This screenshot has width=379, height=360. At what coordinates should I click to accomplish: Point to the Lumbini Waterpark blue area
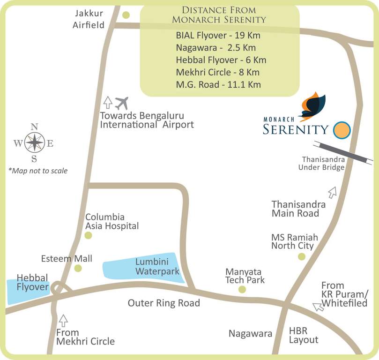[x=143, y=268]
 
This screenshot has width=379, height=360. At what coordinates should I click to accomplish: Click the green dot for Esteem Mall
[x=78, y=268]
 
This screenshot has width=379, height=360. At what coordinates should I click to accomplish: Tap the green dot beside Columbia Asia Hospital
[x=88, y=235]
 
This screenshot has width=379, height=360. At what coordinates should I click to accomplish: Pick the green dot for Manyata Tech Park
[x=242, y=290]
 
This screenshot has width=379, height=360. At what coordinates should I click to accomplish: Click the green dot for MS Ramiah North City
[x=302, y=256]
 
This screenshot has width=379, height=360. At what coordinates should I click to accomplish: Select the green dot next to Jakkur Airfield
[x=126, y=15]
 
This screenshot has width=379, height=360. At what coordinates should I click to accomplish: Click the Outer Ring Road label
[x=164, y=303]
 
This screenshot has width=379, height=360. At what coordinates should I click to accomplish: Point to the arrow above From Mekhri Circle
[x=64, y=321]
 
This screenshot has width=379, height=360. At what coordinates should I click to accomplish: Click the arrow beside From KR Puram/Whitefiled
[x=318, y=307]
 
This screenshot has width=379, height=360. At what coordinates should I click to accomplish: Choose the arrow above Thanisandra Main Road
[x=333, y=192]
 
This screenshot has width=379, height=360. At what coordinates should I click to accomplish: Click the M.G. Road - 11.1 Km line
[x=218, y=84]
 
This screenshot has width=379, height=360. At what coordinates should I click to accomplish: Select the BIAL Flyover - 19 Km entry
[x=218, y=36]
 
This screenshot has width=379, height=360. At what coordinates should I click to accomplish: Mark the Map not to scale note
[x=38, y=171]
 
